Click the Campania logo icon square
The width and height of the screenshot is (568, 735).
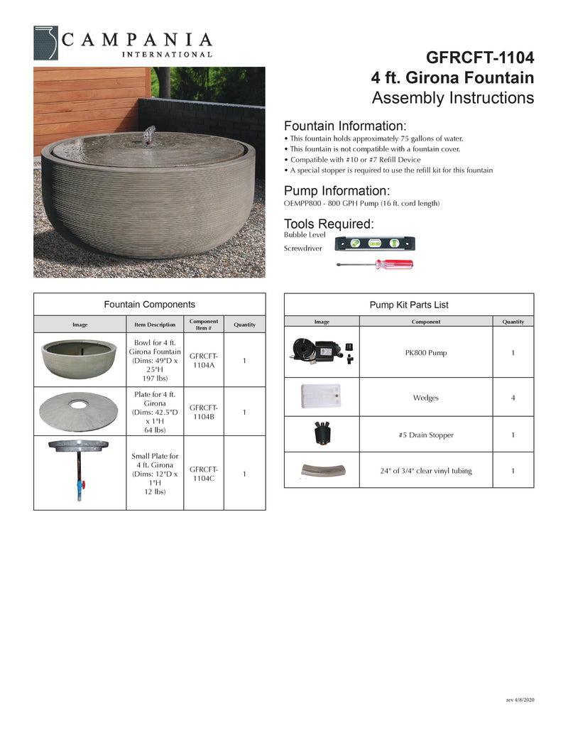pyautogui.click(x=47, y=43)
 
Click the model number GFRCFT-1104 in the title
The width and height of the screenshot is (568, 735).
pyautogui.click(x=479, y=57)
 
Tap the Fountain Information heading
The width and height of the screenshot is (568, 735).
pyautogui.click(x=345, y=125)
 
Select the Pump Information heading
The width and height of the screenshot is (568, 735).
pyautogui.click(x=337, y=190)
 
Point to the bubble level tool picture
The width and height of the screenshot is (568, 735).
pyautogui.click(x=375, y=244)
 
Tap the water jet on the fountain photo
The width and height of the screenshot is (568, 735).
pyautogui.click(x=149, y=134)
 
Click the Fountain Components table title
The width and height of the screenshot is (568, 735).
pyautogui.click(x=149, y=304)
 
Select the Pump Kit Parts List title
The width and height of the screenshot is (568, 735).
pyautogui.click(x=408, y=305)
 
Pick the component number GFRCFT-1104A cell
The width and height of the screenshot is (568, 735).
pyautogui.click(x=203, y=361)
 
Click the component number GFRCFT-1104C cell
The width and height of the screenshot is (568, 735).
pyautogui.click(x=203, y=474)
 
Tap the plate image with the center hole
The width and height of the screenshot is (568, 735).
pyautogui.click(x=80, y=411)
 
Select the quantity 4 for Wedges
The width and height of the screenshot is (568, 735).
pyautogui.click(x=513, y=398)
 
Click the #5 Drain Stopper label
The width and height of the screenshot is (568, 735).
pyautogui.click(x=426, y=435)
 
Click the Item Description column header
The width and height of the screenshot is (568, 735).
pyautogui.click(x=155, y=325)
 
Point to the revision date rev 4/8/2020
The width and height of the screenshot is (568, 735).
pyautogui.click(x=520, y=700)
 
